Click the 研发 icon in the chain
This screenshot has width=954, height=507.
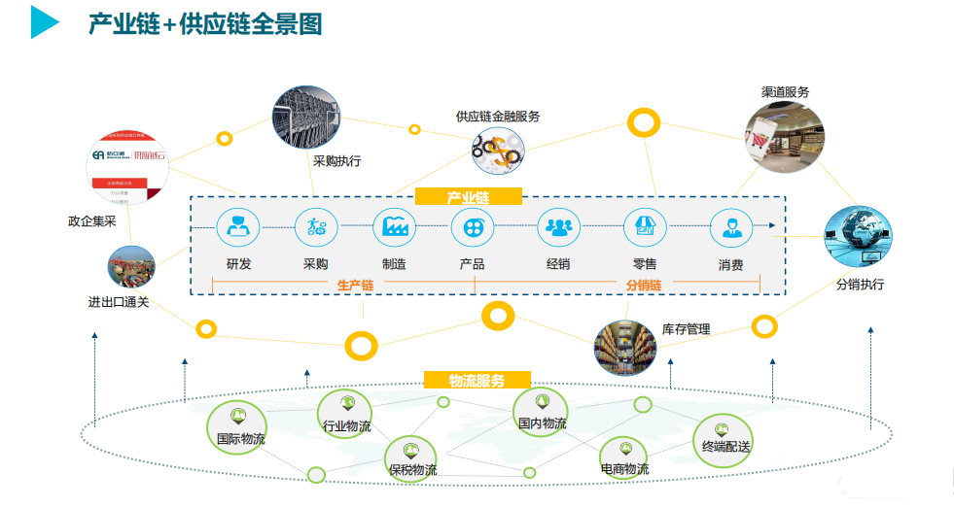[x=237, y=229]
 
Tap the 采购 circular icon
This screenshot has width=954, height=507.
[x=316, y=229]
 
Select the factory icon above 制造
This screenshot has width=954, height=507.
[x=394, y=229]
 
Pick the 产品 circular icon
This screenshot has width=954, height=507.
[x=472, y=229]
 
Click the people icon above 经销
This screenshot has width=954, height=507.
[x=558, y=229]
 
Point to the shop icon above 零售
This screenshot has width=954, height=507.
[x=644, y=229]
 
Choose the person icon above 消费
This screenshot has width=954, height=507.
[x=730, y=229]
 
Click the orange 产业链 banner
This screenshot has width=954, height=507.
[x=468, y=197]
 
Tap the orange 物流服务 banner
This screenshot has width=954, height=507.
[x=477, y=381]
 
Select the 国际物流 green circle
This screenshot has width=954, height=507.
[x=236, y=427]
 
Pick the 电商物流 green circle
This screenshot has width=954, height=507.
[x=623, y=459]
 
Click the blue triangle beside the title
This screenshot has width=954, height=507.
[x=44, y=22]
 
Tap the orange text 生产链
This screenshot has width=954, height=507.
[x=355, y=286]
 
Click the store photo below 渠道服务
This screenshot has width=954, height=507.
[x=784, y=136]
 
